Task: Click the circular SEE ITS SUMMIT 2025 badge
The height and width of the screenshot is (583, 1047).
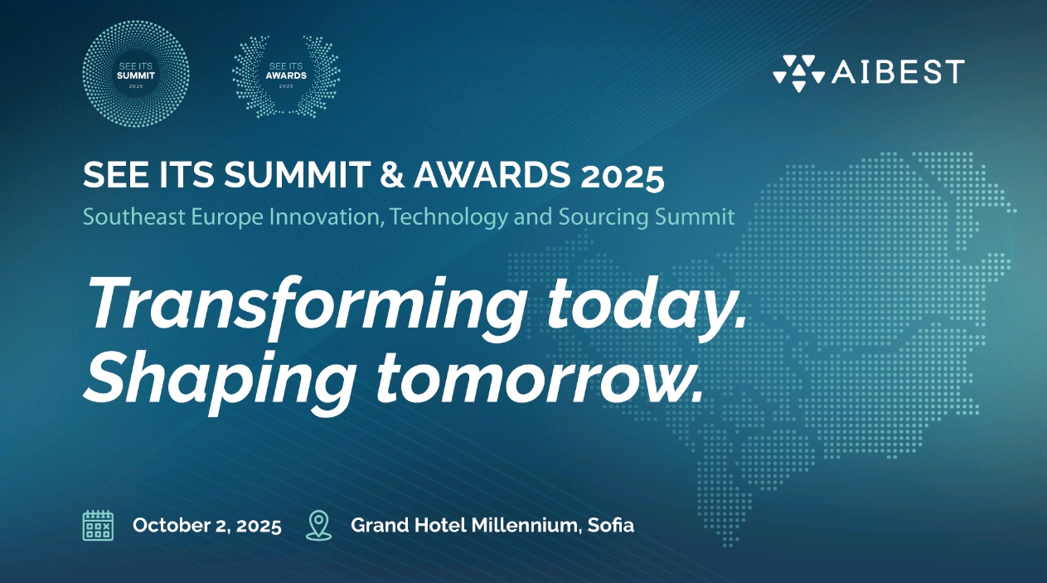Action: tap(136, 73)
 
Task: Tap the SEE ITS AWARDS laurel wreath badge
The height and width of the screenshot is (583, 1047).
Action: tap(286, 73)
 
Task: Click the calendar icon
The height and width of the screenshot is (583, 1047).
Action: tap(98, 525)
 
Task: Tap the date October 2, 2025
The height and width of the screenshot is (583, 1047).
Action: tap(207, 526)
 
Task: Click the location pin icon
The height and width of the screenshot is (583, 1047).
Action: tap(318, 525)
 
